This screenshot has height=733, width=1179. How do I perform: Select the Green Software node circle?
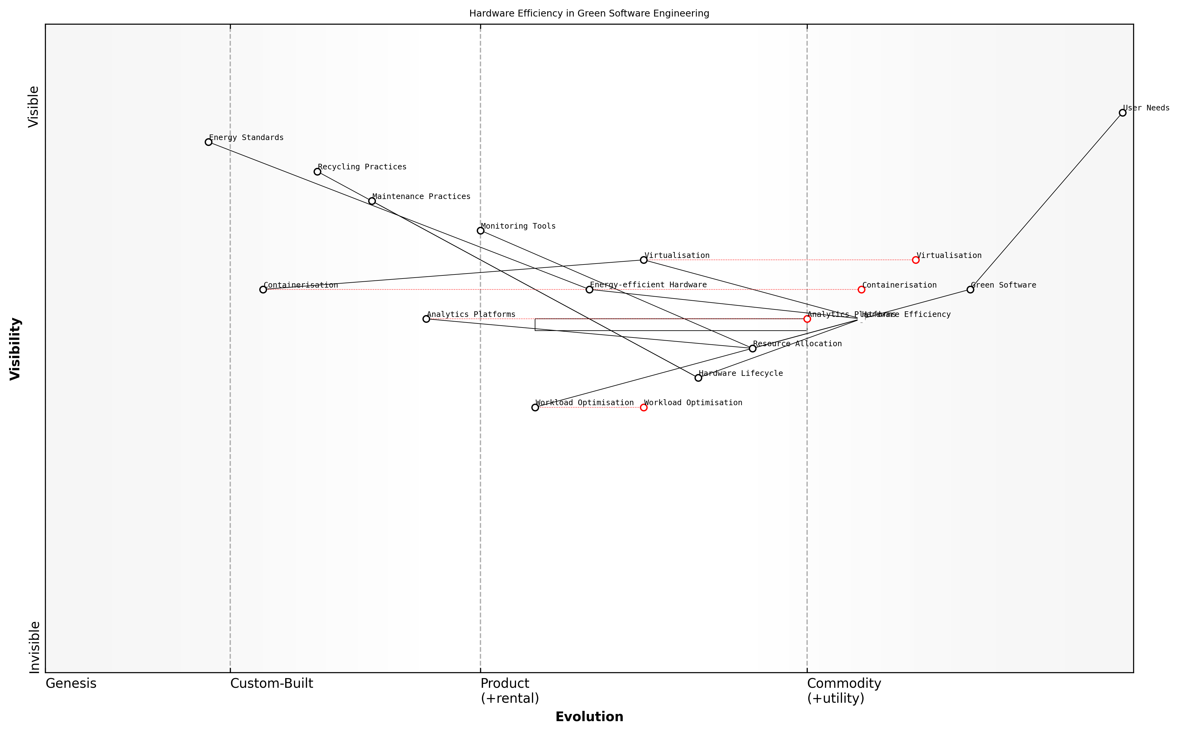point(970,289)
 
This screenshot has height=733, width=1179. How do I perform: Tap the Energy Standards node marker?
point(208,142)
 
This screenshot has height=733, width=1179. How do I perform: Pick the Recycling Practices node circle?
point(318,172)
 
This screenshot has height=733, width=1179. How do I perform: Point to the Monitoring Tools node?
point(480,231)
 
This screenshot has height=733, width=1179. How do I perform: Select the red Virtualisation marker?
point(916,260)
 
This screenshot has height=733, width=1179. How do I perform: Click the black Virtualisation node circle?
point(644,260)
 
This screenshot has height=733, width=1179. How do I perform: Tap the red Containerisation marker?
point(861,289)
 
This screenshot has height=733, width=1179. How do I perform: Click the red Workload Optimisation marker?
point(644,407)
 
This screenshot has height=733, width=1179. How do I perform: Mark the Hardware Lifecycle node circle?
point(698,378)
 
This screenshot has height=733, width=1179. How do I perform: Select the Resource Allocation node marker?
point(753,348)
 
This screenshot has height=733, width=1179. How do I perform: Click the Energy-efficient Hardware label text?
point(648,285)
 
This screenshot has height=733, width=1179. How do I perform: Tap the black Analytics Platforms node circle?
point(426,319)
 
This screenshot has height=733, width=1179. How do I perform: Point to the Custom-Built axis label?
point(271,683)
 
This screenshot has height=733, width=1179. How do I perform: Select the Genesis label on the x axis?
point(71,683)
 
